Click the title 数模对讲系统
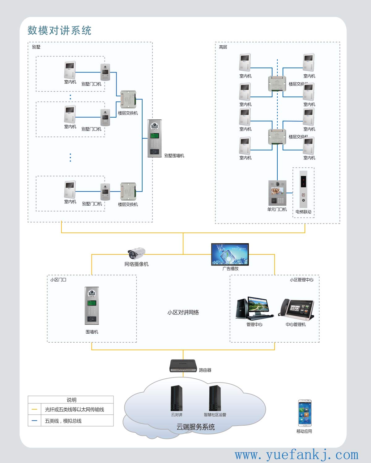click(x=59, y=31)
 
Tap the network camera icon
click(x=137, y=253)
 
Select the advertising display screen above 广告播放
click(x=230, y=254)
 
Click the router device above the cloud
click(x=183, y=366)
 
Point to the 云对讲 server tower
click(x=177, y=398)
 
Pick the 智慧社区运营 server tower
click(x=215, y=398)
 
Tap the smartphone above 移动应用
click(x=305, y=413)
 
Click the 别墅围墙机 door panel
click(x=155, y=139)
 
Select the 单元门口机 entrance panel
click(x=277, y=193)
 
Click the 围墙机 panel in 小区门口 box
click(x=92, y=306)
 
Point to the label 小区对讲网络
click(x=183, y=312)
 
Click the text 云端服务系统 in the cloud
click(x=195, y=427)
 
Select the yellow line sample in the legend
click(x=34, y=410)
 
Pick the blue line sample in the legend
click(x=34, y=421)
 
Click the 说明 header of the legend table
click(x=71, y=400)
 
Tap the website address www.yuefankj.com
click(x=296, y=455)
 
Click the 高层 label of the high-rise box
click(x=223, y=47)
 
